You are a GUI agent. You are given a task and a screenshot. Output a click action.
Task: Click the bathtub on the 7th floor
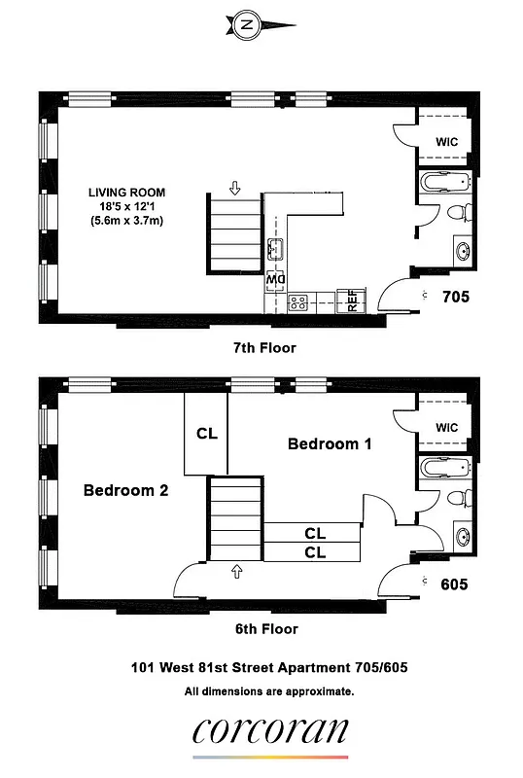445,182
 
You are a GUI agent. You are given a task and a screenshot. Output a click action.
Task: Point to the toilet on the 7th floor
458,214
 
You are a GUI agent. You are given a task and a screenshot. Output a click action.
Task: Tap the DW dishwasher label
274,280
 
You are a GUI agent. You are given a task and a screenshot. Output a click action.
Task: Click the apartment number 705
456,297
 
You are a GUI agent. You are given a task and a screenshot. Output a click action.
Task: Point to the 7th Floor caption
264,347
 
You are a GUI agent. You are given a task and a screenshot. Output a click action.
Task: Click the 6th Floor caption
264,628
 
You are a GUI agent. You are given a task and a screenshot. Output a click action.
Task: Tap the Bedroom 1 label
330,443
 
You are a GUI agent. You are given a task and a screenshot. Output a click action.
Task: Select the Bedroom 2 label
125,490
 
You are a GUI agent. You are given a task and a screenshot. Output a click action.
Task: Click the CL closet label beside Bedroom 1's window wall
207,434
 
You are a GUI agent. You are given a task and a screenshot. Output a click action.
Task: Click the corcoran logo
270,731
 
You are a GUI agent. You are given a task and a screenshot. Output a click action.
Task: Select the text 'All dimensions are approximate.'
268,691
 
